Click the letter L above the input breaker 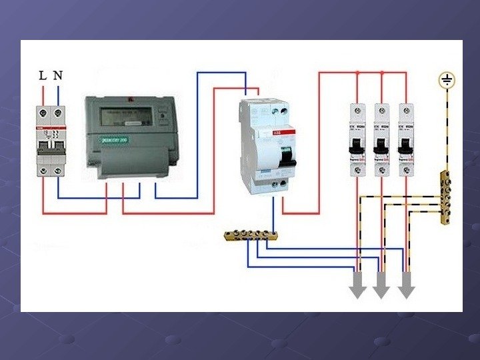pyautogui.click(x=43, y=75)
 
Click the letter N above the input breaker pyautogui.click(x=58, y=75)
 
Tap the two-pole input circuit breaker pyautogui.click(x=51, y=141)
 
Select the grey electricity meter pyautogui.click(x=131, y=137)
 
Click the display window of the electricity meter pyautogui.click(x=124, y=116)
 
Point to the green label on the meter pyautogui.click(x=115, y=141)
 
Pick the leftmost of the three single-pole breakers pyautogui.click(x=357, y=140)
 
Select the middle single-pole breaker pyautogui.click(x=381, y=140)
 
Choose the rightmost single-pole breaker pyautogui.click(x=405, y=140)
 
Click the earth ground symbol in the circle pyautogui.click(x=446, y=81)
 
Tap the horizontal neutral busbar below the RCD pyautogui.click(x=251, y=235)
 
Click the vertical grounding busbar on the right pyautogui.click(x=445, y=198)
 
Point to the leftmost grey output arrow pyautogui.click(x=358, y=287)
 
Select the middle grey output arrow pyautogui.click(x=381, y=287)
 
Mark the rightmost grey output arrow pyautogui.click(x=405, y=287)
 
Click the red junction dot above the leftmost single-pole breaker pyautogui.click(x=357, y=72)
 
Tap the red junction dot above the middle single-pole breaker pyautogui.click(x=381, y=72)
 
